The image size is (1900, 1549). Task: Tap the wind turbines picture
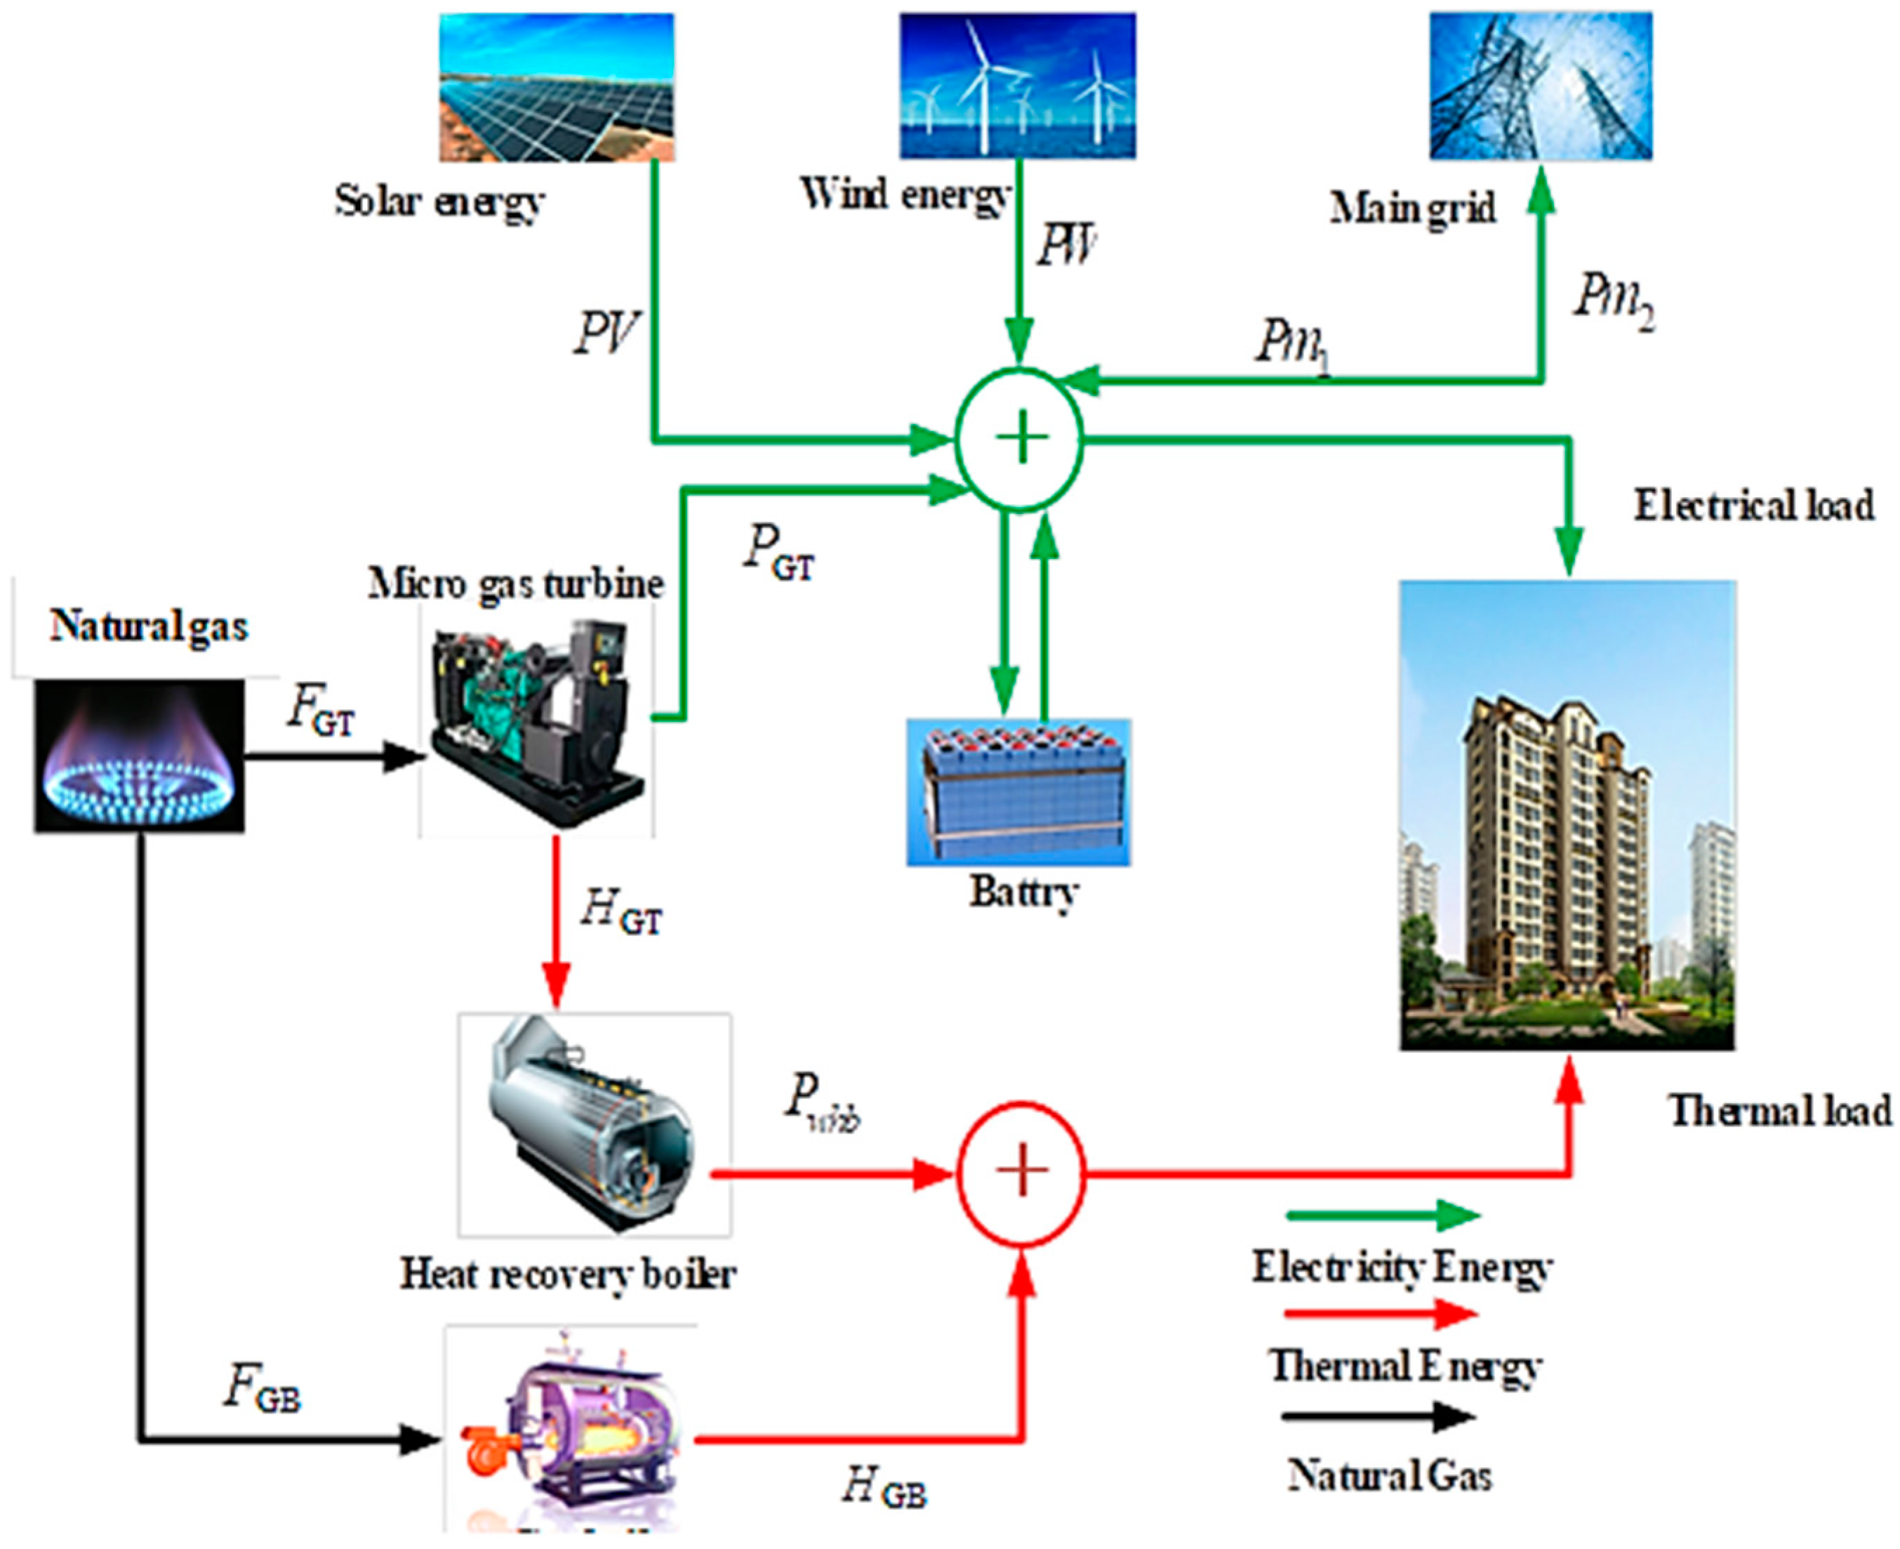pos(1017,86)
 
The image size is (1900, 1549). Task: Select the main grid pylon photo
pos(1541,86)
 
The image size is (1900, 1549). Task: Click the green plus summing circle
pos(1020,438)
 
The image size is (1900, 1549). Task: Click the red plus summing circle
pos(1021,1173)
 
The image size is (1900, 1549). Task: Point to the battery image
pos(1018,791)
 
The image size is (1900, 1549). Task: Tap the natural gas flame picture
pos(139,756)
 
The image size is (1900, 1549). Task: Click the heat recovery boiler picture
pos(594,1124)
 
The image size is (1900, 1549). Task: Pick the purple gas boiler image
pos(571,1437)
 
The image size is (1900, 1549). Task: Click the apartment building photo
pos(1567,815)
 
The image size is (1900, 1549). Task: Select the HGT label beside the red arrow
pos(622,913)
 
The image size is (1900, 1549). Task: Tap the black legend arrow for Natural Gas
pos(1379,1416)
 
